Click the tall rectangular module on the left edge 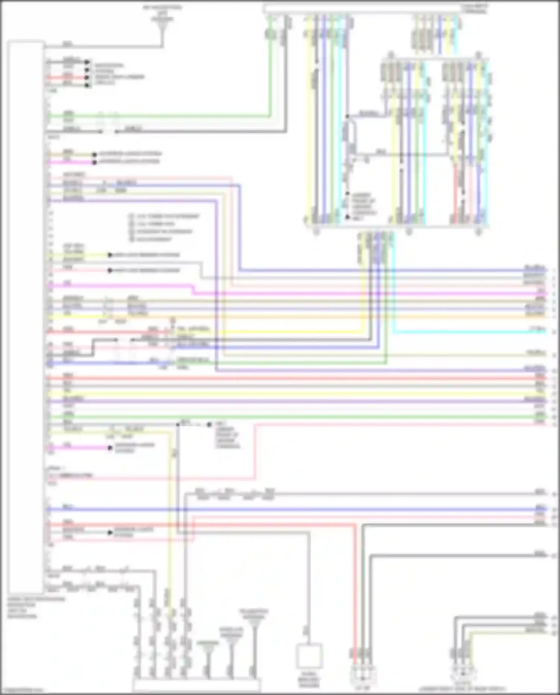[25, 317]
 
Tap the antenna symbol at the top [162, 26]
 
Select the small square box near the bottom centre [309, 656]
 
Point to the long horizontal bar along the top [362, 9]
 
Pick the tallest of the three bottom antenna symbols [254, 642]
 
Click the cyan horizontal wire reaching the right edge [467, 332]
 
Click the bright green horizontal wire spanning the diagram [291, 416]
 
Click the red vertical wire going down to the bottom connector [355, 590]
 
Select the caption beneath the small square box [309, 682]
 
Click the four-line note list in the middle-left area [164, 227]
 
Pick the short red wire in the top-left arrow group [67, 78]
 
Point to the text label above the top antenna [162, 10]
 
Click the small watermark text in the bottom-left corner [22, 690]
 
